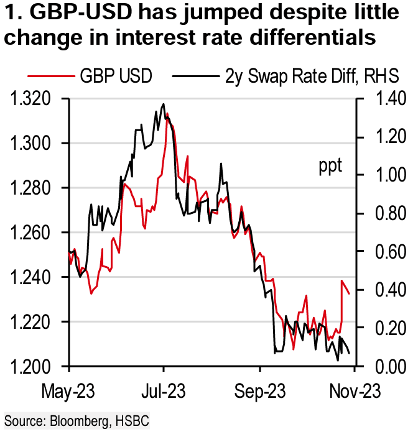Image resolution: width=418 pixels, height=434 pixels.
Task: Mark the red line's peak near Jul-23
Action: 167,114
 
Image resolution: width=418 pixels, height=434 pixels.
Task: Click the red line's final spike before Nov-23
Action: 342,281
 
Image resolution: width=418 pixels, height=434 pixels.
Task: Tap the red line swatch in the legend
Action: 49,76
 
